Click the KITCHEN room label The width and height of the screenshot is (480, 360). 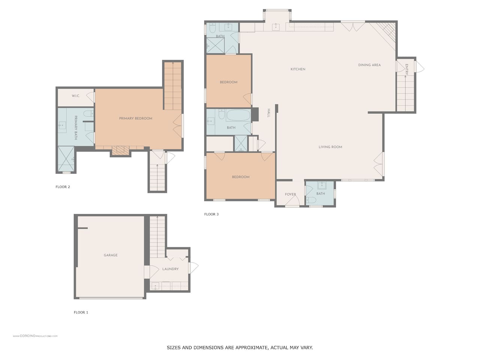298,69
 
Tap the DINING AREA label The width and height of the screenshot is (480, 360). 369,65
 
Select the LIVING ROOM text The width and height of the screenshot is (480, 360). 330,147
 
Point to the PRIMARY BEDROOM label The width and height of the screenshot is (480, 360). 136,118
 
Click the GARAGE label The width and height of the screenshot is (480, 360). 110,255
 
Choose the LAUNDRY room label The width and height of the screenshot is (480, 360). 170,269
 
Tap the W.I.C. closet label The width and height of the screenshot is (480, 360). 76,96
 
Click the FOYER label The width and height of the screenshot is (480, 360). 290,194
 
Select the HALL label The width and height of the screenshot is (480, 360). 269,113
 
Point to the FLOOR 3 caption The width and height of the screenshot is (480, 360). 211,214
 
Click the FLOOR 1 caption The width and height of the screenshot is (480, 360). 81,312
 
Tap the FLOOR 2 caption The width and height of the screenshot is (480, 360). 63,187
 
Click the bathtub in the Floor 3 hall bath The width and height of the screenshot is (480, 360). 238,115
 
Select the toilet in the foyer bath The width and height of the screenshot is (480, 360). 311,200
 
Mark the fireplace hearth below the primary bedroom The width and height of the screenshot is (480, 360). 120,151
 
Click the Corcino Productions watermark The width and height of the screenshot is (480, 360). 35,336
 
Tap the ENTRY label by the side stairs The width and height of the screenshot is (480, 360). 406,69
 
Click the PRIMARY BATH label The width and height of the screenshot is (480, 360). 76,127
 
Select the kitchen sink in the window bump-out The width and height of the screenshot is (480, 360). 276,27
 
